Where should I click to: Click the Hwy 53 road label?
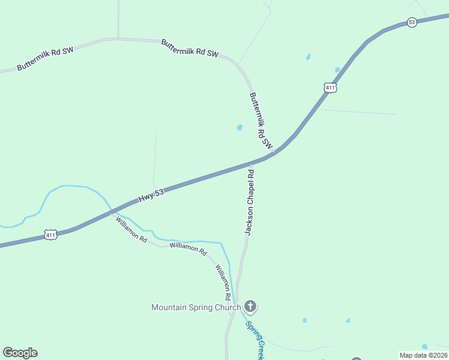coord(151,196)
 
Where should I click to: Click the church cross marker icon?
coord(250,307)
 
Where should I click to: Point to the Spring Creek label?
coord(253,340)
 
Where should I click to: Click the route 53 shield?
coord(411,22)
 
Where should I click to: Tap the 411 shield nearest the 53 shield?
coord(331,88)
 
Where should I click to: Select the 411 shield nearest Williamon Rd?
coord(50,235)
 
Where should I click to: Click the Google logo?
coord(20,353)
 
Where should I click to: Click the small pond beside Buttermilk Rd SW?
coord(240,128)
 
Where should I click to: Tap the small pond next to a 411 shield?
coord(337,70)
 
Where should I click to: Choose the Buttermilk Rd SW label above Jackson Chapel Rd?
coord(261,121)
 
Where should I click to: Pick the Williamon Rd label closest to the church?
coord(223,282)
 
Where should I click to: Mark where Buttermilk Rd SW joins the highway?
coord(275,151)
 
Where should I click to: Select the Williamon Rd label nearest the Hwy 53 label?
coord(131,229)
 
